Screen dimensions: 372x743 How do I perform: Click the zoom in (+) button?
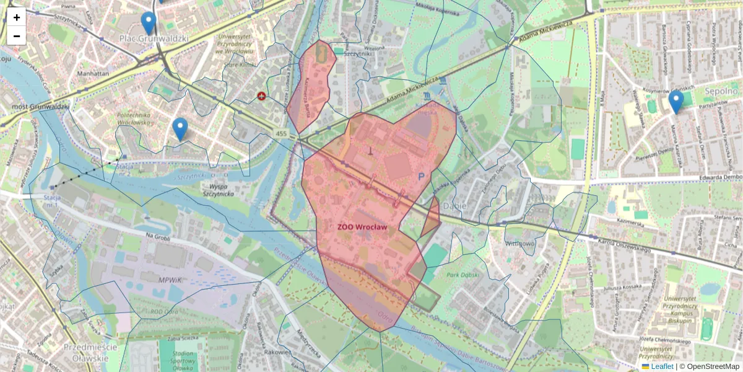(17, 17)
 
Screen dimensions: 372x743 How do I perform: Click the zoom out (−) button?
(17, 36)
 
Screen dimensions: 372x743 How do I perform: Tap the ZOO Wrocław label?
(362, 228)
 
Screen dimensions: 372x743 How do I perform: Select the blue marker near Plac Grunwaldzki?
(148, 23)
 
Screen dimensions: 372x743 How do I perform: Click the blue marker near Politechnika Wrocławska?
(180, 129)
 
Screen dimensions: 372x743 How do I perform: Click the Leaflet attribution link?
(662, 366)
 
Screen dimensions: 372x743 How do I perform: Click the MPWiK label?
(169, 280)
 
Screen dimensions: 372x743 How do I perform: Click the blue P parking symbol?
(421, 177)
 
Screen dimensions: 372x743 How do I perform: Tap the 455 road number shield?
(282, 134)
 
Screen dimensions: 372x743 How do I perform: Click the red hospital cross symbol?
(262, 96)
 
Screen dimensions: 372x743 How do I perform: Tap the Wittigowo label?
(519, 244)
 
